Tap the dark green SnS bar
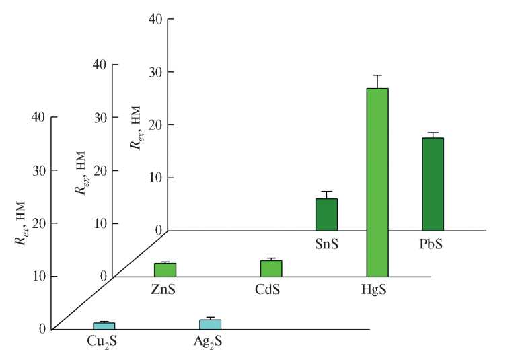(326, 214)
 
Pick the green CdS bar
(270, 268)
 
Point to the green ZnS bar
(165, 269)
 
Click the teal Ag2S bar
(210, 324)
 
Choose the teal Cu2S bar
(104, 326)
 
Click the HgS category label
(377, 291)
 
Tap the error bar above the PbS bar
(433, 135)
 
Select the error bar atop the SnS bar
(326, 194)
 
